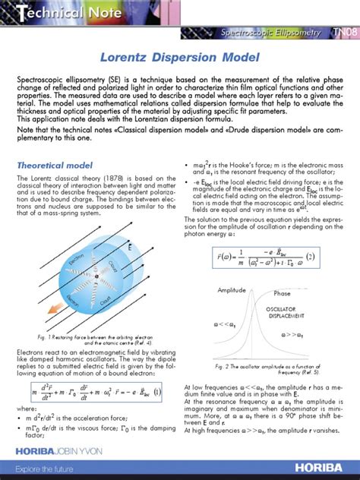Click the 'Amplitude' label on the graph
pyautogui.click(x=232, y=291)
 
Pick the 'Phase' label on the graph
pyautogui.click(x=282, y=294)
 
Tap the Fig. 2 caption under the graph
pyautogui.click(x=267, y=369)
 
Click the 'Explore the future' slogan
pyautogui.click(x=38, y=470)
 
